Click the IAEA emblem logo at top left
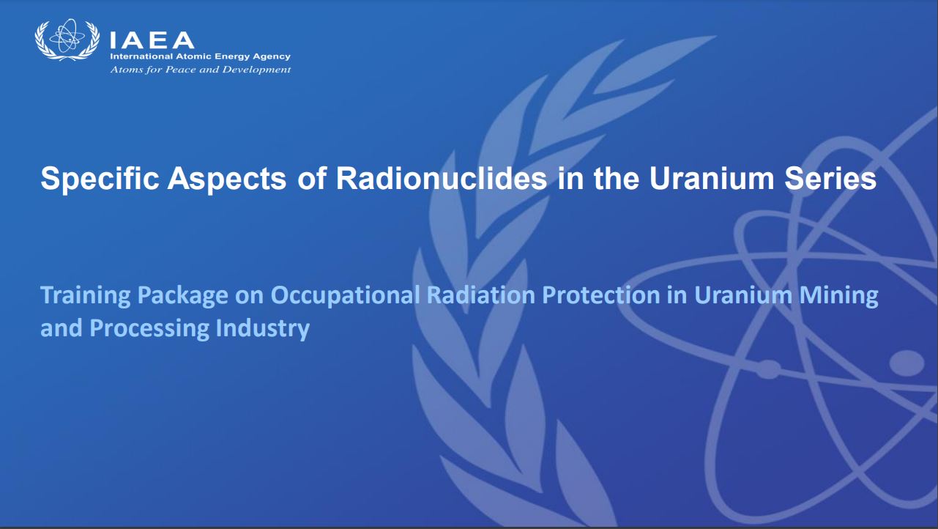(67, 40)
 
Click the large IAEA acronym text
(152, 40)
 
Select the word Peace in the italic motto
(181, 70)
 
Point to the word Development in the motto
(256, 70)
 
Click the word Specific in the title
(100, 179)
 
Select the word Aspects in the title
(227, 179)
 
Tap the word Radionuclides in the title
(442, 178)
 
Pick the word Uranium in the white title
(712, 178)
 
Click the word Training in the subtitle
(86, 296)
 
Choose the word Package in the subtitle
(182, 296)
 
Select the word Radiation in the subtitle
(481, 295)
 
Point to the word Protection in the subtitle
(601, 295)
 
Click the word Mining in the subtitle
(838, 296)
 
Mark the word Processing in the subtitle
(149, 328)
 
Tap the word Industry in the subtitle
(263, 328)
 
